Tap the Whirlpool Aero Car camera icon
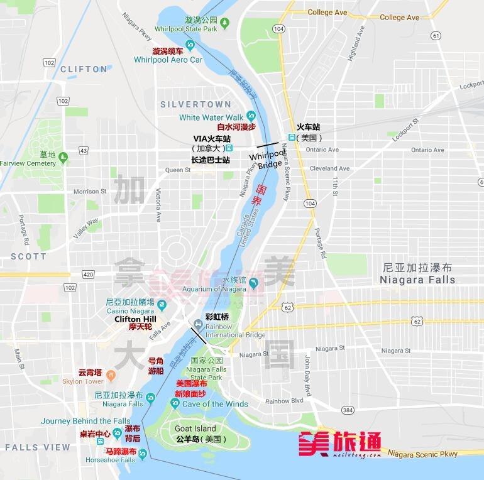coord(190,43)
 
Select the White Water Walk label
coord(211,117)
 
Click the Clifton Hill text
coord(136,319)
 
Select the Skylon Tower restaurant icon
coord(111,375)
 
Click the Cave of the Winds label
coord(215,404)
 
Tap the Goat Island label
coord(195,429)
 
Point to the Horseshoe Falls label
coord(111,460)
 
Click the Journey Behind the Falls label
coord(86,421)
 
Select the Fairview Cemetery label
coord(28,163)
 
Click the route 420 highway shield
coord(87,275)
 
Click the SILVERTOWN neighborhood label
coord(195,104)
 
